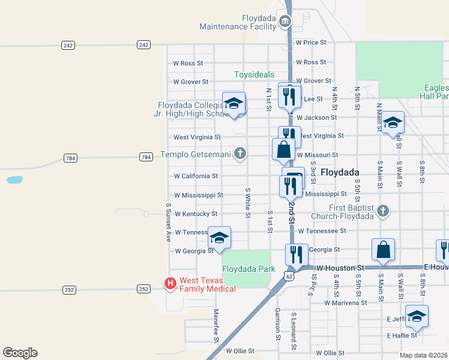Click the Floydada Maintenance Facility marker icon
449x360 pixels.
tap(285, 23)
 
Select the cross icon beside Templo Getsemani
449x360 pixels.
tap(240, 154)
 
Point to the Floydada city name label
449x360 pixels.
tap(340, 172)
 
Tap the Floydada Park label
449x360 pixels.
tap(248, 269)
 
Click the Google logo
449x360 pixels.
tap(20, 353)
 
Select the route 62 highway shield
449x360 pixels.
tap(289, 277)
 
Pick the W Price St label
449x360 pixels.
tap(311, 43)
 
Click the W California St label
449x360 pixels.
tap(196, 176)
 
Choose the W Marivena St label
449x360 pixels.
tap(345, 303)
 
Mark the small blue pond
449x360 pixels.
tap(14, 179)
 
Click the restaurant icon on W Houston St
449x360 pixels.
tap(297, 254)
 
